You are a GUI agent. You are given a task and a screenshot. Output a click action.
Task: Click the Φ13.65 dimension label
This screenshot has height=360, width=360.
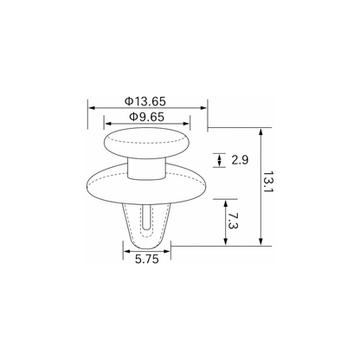coord(145,101)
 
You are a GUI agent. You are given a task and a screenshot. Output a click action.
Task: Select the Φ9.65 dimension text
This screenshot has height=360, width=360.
coord(146,117)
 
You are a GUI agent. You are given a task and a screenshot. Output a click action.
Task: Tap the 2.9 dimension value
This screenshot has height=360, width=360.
coord(240,159)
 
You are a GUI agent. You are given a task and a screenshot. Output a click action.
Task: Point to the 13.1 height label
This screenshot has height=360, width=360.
coord(268,183)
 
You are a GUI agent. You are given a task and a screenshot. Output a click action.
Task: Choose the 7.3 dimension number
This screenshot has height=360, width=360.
coord(232,221)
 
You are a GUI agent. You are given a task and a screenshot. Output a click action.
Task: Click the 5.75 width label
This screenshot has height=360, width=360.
coord(147,260)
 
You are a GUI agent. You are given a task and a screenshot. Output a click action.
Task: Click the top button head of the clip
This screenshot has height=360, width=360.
coord(146,143)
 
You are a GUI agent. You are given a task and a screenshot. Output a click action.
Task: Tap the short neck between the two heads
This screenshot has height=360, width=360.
coord(146,169)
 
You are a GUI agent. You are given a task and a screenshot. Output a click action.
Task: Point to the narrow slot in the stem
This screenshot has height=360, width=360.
coord(146,217)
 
